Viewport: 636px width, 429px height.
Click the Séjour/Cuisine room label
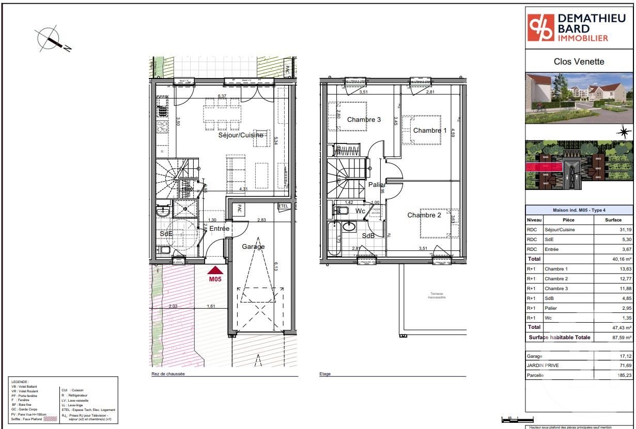240,135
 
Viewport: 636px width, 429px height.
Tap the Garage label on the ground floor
253,247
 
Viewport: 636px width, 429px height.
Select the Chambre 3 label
364,120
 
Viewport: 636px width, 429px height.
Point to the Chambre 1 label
430,131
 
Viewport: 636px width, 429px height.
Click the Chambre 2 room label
424,215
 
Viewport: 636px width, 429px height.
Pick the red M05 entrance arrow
215,270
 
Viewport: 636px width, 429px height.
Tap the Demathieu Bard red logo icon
540,28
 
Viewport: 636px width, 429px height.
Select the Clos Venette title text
579,61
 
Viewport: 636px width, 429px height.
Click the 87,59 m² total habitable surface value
613,337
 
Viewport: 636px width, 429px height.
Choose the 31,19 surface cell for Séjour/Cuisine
618,230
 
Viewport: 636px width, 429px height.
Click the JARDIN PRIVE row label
542,366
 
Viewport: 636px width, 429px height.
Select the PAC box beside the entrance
240,210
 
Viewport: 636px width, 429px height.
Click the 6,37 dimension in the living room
222,97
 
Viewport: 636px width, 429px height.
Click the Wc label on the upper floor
361,211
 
